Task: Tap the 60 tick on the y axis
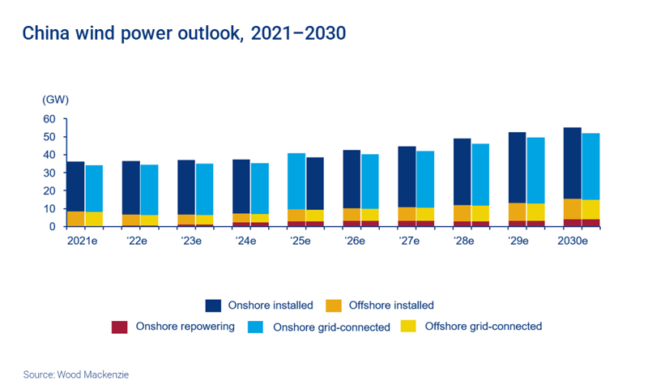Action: [x=49, y=119]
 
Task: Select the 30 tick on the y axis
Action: [x=49, y=173]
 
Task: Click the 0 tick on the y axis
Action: [x=52, y=227]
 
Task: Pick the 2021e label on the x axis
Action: [x=84, y=240]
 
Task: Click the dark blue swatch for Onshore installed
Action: [x=213, y=306]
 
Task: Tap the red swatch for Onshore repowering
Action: [x=119, y=327]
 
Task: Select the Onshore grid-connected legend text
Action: [x=332, y=327]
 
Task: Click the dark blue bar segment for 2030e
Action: [x=573, y=162]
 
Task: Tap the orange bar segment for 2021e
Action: [x=75, y=219]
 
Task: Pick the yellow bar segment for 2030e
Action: [x=591, y=209]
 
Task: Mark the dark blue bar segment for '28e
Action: [x=462, y=171]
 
